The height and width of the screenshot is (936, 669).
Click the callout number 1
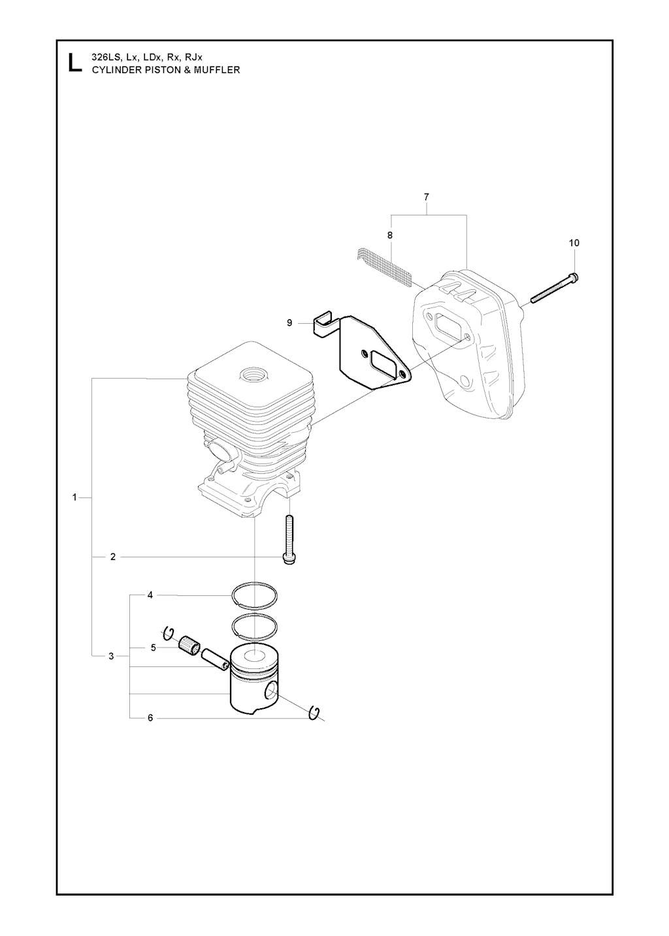point(74,497)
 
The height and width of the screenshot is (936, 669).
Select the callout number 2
point(113,557)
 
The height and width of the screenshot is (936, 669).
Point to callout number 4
point(150,595)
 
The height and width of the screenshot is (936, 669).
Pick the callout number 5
point(154,647)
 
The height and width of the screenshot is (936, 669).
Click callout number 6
point(150,718)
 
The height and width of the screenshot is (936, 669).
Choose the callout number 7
point(427,196)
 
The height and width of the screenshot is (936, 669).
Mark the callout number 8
point(390,235)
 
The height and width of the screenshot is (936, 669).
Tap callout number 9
point(289,323)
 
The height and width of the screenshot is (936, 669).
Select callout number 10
point(574,243)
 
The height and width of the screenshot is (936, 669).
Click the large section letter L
point(74,62)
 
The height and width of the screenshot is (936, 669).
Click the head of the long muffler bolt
point(573,277)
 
